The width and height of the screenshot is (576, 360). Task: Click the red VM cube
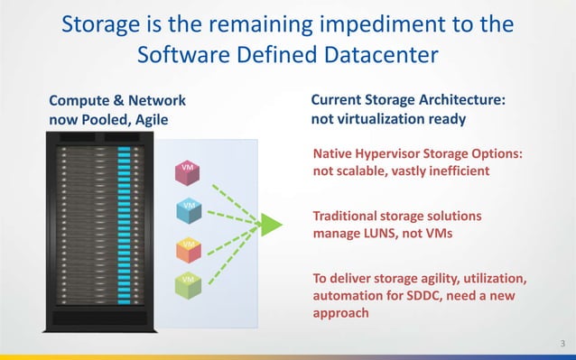(187, 171)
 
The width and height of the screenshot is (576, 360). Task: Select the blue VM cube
(188, 209)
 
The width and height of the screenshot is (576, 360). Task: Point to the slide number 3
(562, 342)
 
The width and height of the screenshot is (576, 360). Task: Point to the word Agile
(147, 118)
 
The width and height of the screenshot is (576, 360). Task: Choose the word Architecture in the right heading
(458, 100)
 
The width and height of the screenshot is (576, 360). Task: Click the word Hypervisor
(399, 153)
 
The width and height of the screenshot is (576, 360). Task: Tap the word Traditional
(350, 217)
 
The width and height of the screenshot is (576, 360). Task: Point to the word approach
(340, 313)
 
